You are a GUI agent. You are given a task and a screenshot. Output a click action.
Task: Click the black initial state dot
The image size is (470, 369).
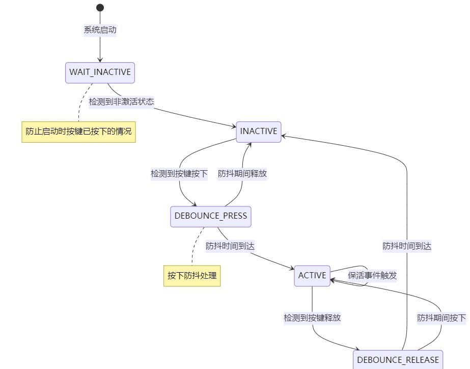100,8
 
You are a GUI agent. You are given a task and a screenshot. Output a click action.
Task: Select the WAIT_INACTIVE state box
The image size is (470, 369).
100,72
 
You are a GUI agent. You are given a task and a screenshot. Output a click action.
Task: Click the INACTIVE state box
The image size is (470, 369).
259,131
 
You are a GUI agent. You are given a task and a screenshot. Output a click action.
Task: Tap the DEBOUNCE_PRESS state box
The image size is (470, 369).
211,216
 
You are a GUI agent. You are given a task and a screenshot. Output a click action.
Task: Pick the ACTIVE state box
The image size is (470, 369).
312,276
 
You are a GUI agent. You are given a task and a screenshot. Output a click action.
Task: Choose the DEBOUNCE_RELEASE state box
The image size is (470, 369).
398,359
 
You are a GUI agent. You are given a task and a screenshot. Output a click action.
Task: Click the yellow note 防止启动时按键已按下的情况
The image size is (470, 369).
78,131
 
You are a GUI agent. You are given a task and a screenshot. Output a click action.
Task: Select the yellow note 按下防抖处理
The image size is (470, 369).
192,276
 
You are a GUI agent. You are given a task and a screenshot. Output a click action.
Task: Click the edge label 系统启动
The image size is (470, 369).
100,30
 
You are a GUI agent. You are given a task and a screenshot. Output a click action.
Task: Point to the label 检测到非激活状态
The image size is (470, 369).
121,101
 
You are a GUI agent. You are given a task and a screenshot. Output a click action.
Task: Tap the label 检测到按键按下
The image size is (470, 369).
179,174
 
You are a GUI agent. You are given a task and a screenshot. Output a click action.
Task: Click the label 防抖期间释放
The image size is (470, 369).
242,174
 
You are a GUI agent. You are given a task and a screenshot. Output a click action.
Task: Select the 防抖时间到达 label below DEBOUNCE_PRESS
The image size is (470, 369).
230,246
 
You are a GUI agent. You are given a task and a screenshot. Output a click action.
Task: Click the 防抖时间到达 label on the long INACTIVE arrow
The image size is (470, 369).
407,246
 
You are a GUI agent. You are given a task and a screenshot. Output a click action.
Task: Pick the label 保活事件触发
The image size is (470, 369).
372,276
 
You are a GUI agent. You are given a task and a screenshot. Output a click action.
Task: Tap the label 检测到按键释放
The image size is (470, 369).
312,318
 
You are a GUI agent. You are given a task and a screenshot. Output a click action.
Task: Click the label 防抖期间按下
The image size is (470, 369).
441,318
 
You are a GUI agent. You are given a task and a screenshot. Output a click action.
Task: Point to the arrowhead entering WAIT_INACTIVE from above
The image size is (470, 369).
100,60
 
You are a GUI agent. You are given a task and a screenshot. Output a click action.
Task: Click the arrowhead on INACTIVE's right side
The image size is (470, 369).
284,136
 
